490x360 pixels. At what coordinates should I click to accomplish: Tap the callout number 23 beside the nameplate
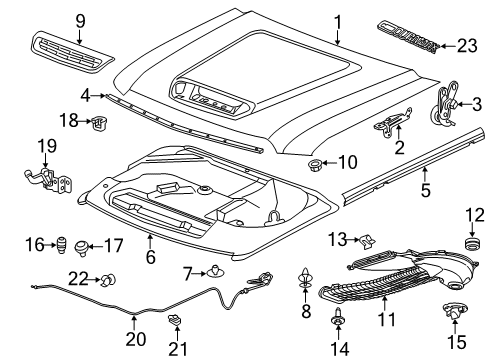click(467, 43)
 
